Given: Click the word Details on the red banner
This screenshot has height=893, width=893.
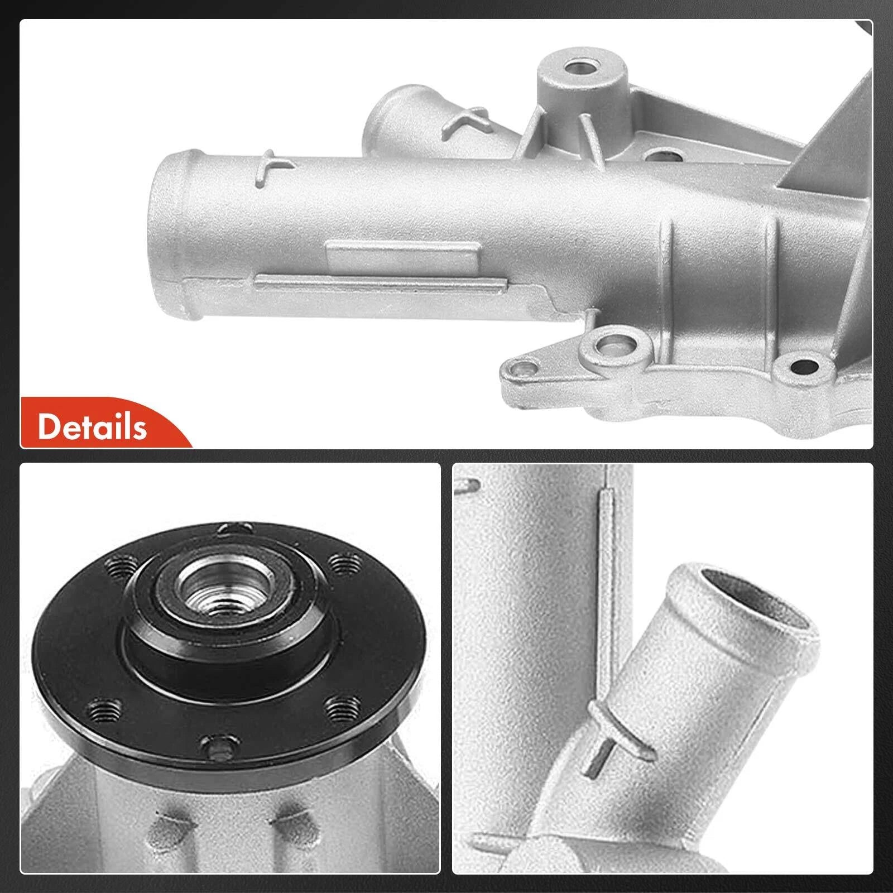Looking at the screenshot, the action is coord(92,427).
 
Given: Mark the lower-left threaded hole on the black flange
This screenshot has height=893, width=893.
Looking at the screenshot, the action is coord(104,710).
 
